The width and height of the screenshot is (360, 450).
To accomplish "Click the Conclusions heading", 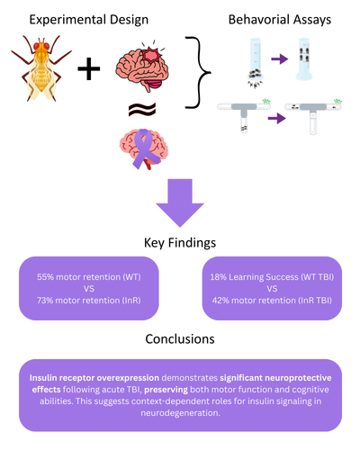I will pyautogui.click(x=180, y=340).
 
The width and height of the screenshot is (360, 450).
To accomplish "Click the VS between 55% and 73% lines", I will pyautogui.click(x=88, y=292).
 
